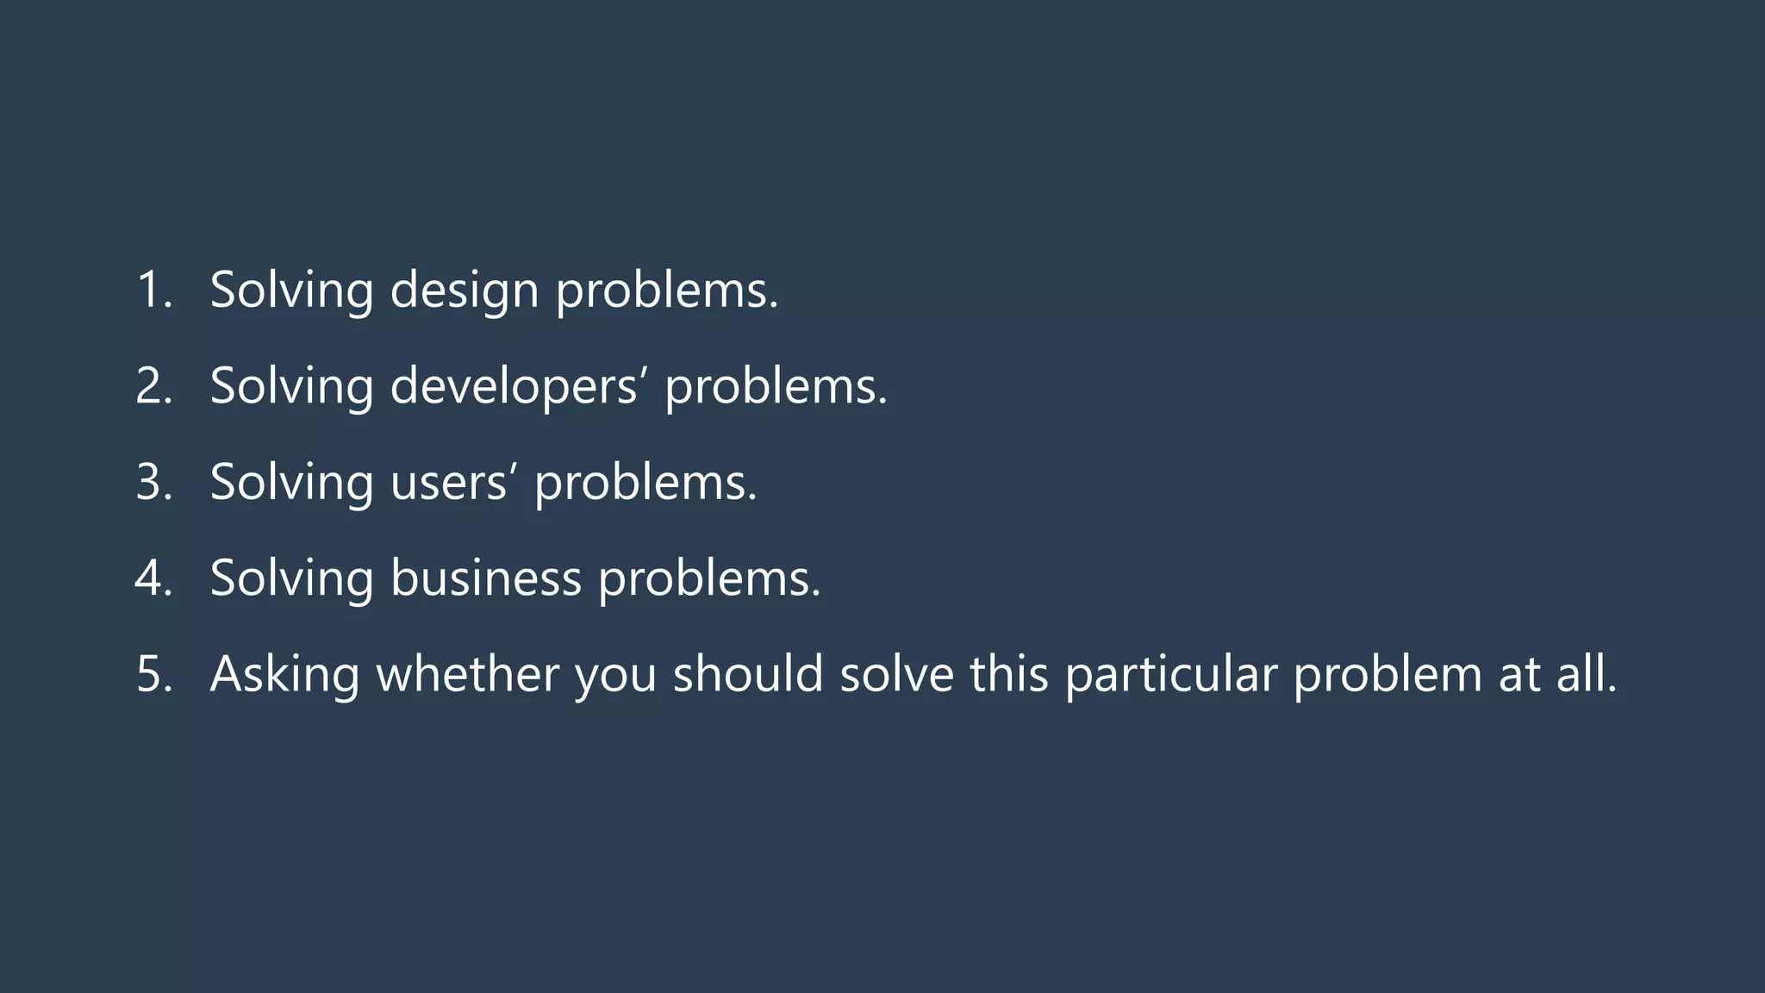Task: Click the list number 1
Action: tap(153, 290)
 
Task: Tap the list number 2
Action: tap(153, 385)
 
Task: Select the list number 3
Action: tap(153, 482)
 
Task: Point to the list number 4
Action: tap(153, 578)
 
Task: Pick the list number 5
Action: tap(153, 674)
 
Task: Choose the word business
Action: tap(485, 578)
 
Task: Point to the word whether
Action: tap(468, 673)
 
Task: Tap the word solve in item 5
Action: tap(896, 673)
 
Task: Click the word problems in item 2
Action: tap(775, 386)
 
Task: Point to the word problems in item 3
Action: tap(645, 483)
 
